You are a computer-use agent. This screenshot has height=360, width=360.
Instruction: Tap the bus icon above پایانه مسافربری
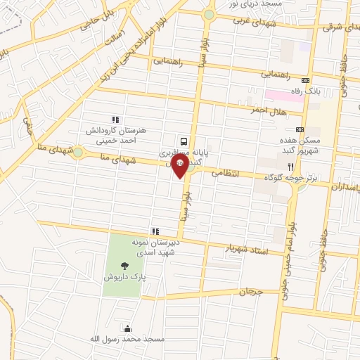click(184, 139)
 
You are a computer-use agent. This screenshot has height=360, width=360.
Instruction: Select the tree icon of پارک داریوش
click(125, 266)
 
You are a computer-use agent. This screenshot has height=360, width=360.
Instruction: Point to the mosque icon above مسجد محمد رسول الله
click(127, 328)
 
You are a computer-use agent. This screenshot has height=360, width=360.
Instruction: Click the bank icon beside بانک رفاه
click(306, 80)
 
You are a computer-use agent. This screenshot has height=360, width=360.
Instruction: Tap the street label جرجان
click(250, 291)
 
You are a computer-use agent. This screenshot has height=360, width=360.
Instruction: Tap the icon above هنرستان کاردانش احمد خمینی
click(116, 120)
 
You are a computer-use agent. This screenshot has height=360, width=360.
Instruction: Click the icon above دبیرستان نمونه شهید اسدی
click(155, 231)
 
